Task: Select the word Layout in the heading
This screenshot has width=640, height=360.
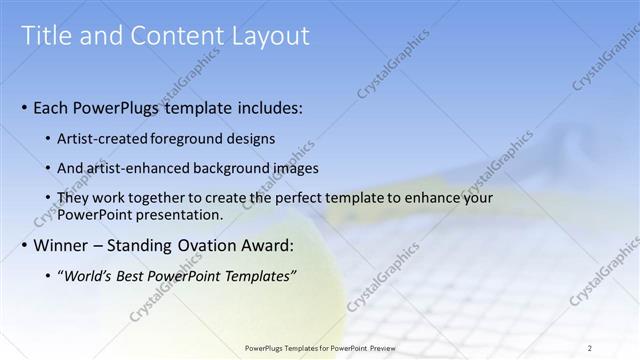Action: click(x=270, y=37)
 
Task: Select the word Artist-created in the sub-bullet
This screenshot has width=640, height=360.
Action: click(x=104, y=138)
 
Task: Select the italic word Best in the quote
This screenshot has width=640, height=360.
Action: click(x=137, y=275)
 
